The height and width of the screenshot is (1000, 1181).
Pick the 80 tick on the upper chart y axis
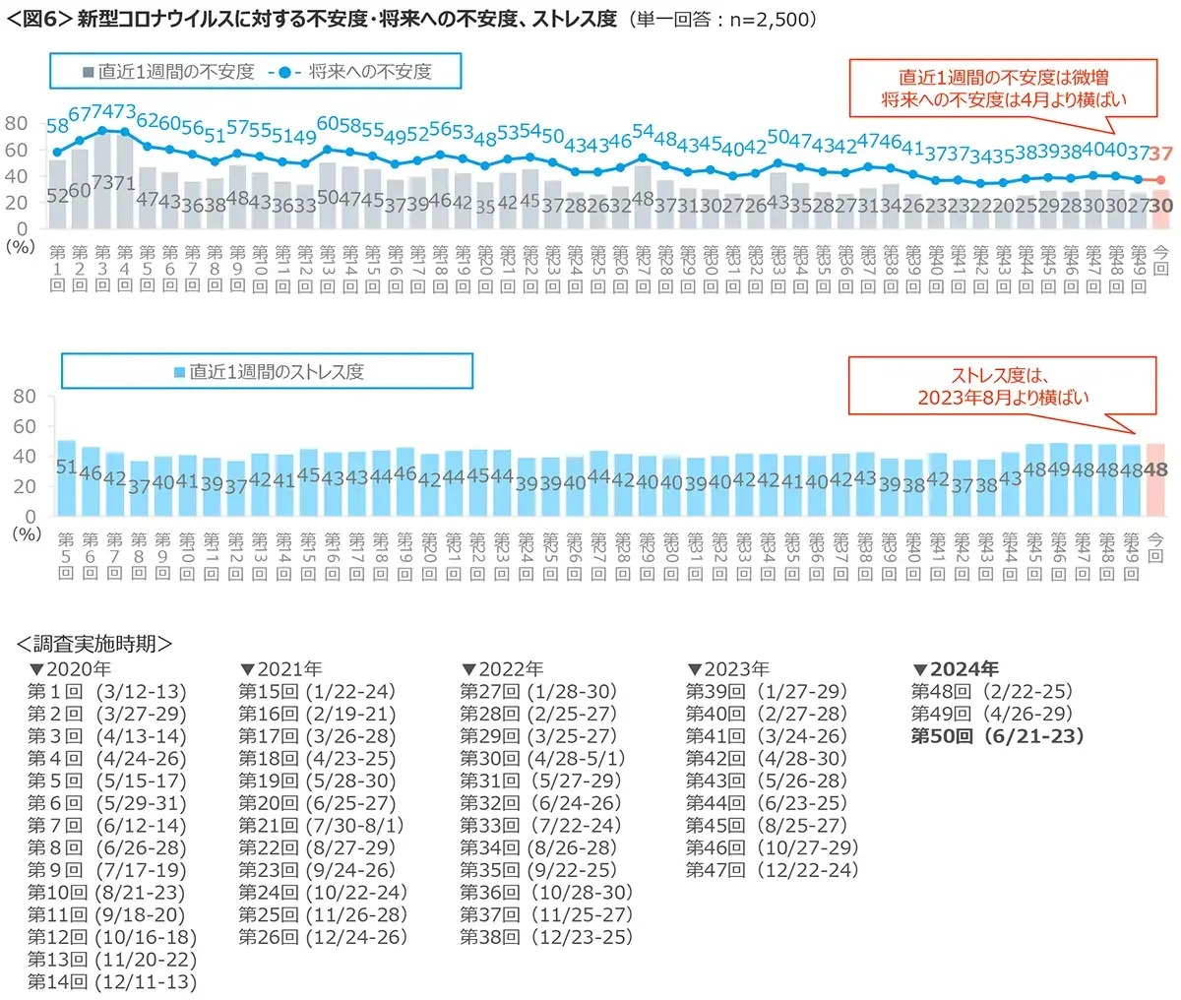coord(17,123)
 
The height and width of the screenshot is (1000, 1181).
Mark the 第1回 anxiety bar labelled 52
coord(57,193)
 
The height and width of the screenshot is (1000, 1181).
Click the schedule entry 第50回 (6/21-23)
coord(997,736)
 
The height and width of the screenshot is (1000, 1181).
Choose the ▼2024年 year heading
coord(956,669)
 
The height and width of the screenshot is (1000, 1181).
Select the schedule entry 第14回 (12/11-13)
coord(112,982)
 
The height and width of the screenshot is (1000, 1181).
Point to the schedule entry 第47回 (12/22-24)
coord(773,870)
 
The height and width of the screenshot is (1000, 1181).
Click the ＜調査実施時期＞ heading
coord(94,644)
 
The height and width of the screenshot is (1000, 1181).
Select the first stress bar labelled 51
coord(66,477)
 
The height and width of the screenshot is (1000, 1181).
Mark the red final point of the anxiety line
coord(1160,180)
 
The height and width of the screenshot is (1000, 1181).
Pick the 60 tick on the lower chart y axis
coord(24,426)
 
